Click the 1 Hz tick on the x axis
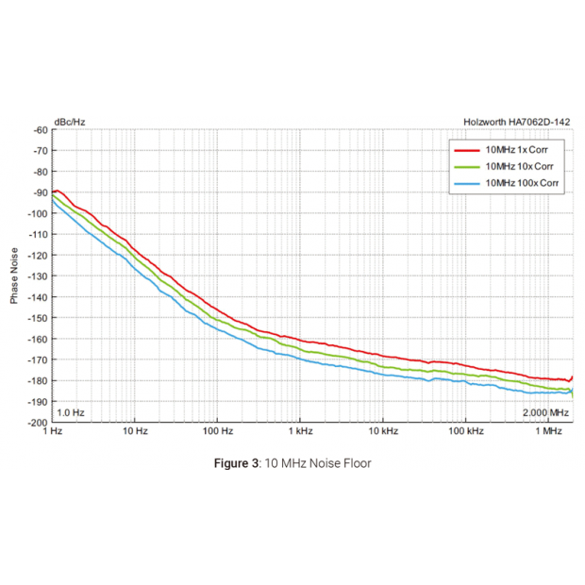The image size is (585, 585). coord(53,431)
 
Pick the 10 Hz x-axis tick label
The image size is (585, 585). coord(135,431)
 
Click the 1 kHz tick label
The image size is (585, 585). coord(300,431)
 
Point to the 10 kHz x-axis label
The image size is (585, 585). coord(382,431)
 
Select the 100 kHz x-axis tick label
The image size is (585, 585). coord(465,431)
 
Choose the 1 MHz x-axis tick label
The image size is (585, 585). coord(548,431)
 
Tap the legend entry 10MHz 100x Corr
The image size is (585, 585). coord(520,182)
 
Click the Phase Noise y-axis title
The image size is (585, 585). coord(14,276)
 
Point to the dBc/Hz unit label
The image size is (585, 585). coord(69,121)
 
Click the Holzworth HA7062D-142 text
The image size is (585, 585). coord(518,121)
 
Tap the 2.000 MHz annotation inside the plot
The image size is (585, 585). coord(545,413)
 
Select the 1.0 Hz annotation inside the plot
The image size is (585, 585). coord(71,413)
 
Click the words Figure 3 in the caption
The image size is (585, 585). coord(237,463)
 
